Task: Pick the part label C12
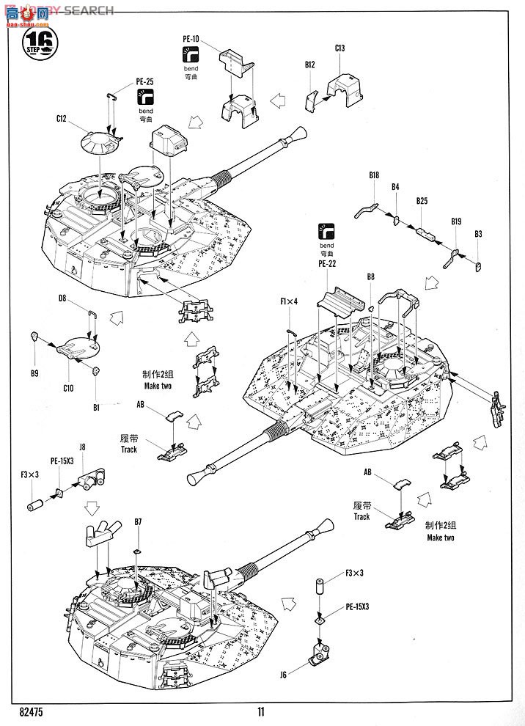(x=61, y=118)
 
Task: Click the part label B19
(x=456, y=220)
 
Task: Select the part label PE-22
(x=326, y=264)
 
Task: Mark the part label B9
(x=34, y=374)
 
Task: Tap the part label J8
(x=82, y=446)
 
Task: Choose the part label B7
(x=137, y=521)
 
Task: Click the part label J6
(x=283, y=673)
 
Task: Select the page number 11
(x=261, y=711)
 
